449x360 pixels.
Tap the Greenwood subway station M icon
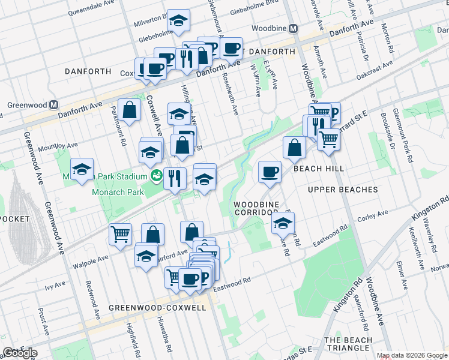(x=54, y=104)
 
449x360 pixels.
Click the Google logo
(x=20, y=353)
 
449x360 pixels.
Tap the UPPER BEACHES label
(x=342, y=190)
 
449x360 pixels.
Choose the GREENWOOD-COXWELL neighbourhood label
(x=157, y=308)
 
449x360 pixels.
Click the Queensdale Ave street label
(x=91, y=11)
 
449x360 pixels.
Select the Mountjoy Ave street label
(x=58, y=145)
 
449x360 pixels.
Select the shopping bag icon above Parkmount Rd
(x=130, y=109)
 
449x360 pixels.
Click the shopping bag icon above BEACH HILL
(x=294, y=147)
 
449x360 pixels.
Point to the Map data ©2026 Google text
(x=411, y=355)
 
